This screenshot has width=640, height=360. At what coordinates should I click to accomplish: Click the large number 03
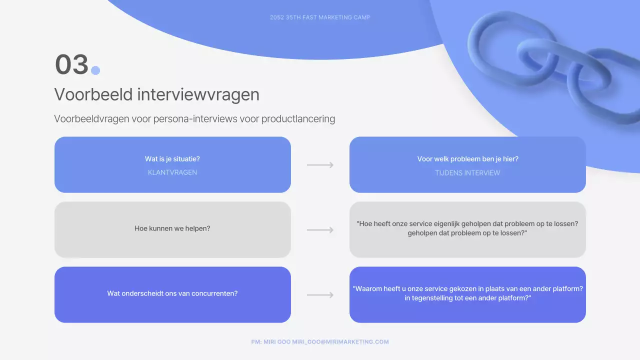click(x=71, y=65)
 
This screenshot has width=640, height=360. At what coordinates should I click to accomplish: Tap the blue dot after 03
click(x=95, y=70)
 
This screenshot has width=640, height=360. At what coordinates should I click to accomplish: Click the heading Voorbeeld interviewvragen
click(x=156, y=94)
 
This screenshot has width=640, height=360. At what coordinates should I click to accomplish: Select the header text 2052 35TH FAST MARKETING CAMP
click(x=320, y=17)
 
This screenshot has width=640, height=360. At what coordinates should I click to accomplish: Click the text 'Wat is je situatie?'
click(x=172, y=159)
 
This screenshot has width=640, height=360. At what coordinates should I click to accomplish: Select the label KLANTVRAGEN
click(x=172, y=172)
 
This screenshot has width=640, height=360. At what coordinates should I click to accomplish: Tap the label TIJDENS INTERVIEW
click(x=467, y=173)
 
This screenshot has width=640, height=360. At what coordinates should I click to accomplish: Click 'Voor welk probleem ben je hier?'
click(x=467, y=159)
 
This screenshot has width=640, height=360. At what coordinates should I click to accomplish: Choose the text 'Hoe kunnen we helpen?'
click(x=172, y=228)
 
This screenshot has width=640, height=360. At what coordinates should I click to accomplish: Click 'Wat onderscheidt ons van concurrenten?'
click(x=172, y=293)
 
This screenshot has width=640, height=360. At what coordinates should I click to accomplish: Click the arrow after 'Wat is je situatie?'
click(x=320, y=165)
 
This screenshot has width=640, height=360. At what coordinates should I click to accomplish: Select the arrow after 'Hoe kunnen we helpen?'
click(x=320, y=230)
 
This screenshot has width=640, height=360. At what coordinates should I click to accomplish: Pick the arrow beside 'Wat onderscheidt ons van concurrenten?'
click(x=320, y=295)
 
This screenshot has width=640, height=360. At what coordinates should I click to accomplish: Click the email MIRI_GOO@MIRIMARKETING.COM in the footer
click(x=340, y=342)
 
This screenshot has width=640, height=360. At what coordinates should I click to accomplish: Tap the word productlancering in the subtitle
click(x=298, y=119)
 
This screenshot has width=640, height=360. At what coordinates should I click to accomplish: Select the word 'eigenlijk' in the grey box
click(x=447, y=224)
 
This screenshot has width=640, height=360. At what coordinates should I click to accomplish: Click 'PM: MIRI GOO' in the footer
click(x=271, y=342)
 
